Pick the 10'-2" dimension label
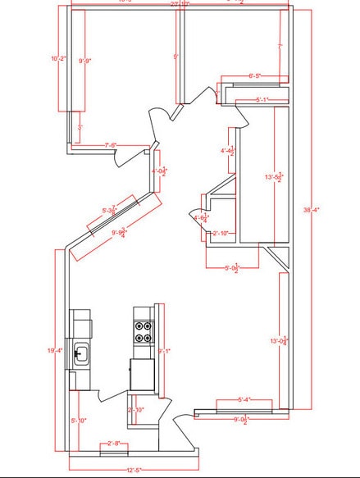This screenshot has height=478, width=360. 57,58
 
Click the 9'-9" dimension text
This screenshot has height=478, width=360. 84,60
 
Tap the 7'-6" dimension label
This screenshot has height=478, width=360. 110,145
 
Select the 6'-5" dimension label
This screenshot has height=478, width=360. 255,76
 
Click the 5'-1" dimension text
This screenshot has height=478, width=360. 262,100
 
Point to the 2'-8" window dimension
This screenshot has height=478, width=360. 113,444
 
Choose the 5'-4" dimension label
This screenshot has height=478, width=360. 244,400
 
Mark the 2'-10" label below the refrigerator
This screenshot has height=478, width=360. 136,409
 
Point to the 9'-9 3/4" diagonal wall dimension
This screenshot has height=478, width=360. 117,232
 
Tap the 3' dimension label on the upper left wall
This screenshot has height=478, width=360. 80,127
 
